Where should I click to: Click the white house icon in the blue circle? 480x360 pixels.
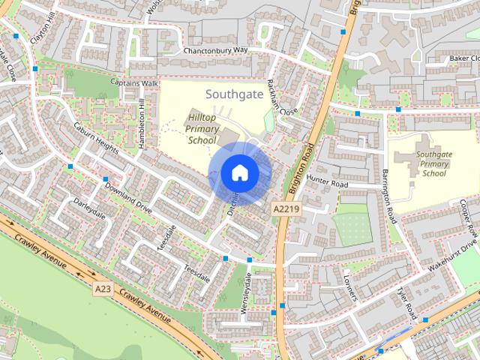tap(239, 173)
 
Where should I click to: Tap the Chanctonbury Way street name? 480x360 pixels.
tap(215, 50)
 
